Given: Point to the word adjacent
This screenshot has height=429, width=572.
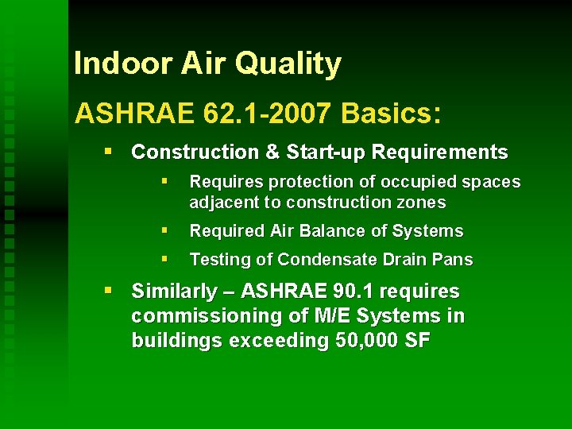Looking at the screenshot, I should (x=224, y=203).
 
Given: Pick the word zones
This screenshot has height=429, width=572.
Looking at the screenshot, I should (x=422, y=203).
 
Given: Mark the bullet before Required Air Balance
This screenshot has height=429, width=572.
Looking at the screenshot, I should (x=164, y=230).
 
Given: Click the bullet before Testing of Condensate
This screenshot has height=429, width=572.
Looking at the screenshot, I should (x=164, y=259).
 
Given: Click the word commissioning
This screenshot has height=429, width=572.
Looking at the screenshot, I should (x=198, y=316).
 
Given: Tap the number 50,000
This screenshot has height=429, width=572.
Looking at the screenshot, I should (x=364, y=341).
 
